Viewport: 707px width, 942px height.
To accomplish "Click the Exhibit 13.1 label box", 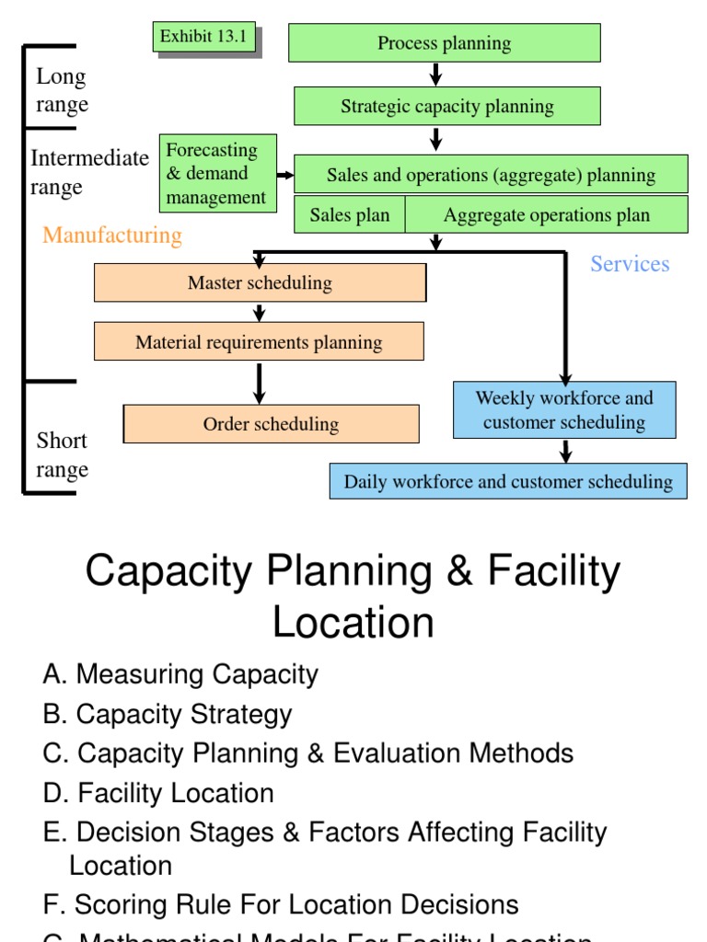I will (x=204, y=37).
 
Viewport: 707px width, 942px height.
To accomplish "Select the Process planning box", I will (x=444, y=43).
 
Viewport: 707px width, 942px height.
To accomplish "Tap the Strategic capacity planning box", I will (x=447, y=106).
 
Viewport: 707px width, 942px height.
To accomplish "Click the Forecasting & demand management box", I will (x=218, y=173).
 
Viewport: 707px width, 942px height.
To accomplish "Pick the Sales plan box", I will (x=350, y=215).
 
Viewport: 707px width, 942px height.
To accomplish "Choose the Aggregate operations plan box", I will (x=547, y=215).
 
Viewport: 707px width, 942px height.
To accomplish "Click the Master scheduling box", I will (x=260, y=282).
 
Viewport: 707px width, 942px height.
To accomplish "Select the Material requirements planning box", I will (x=259, y=342).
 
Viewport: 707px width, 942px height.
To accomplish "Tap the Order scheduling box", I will (x=271, y=424).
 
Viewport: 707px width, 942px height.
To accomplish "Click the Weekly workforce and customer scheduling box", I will (x=564, y=410).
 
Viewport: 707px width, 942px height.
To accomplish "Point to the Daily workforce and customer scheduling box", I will (x=508, y=481).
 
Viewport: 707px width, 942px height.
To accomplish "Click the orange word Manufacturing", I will (x=112, y=235).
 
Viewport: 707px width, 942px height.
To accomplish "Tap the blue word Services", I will (x=630, y=264).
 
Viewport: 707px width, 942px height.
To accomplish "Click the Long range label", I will (x=63, y=90).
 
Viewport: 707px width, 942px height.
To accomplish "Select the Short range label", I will (x=63, y=455).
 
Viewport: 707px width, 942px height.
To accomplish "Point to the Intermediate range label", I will (x=89, y=172).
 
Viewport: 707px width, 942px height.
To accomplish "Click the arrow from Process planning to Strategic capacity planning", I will (x=436, y=75).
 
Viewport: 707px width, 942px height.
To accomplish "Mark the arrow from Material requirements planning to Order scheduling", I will (x=260, y=383).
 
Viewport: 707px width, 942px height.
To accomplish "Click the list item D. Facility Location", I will (x=158, y=793).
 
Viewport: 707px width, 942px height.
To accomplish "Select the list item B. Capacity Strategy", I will (x=168, y=714).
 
